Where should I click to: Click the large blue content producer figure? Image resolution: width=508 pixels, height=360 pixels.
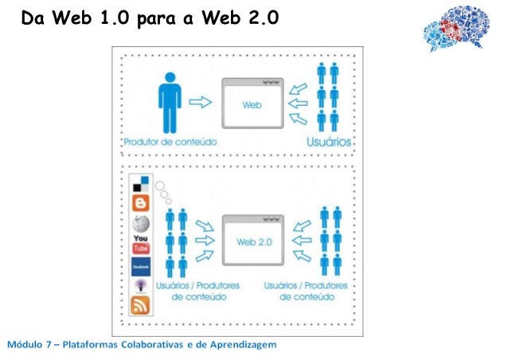[170, 102]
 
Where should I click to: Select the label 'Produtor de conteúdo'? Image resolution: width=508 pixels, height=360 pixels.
[170, 142]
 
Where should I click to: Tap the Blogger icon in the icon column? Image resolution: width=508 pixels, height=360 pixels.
[140, 202]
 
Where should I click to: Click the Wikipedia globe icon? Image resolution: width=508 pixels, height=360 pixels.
[140, 224]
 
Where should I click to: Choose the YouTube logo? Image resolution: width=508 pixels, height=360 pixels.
[140, 244]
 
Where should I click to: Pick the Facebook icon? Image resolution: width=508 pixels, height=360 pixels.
[140, 267]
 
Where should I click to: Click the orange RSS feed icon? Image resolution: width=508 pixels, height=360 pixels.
[140, 305]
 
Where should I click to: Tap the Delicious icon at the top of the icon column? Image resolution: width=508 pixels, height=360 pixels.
[140, 182]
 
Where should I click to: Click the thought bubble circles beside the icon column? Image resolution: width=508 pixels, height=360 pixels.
[163, 191]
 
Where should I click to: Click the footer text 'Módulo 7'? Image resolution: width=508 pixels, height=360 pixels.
[30, 345]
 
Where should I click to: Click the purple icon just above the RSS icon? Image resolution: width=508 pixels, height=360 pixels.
[140, 286]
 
